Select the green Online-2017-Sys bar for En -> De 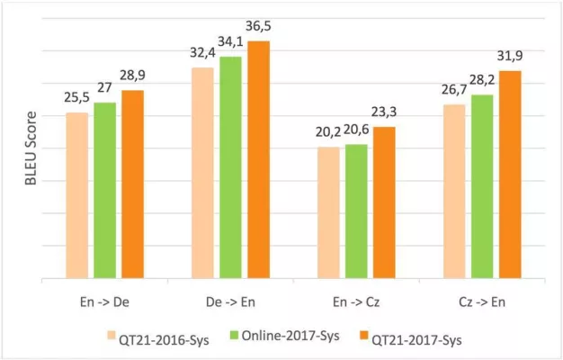tap(105, 190)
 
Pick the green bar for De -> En tap(231, 167)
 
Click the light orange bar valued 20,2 tap(329, 212)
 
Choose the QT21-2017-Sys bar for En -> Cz tap(384, 202)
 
